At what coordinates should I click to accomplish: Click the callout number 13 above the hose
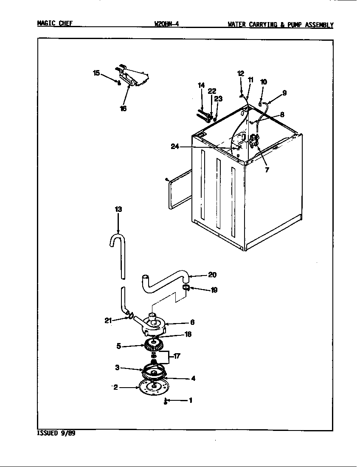coord(118,209)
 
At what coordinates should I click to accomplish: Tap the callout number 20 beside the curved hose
coord(212,275)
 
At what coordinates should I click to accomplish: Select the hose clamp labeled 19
coord(186,289)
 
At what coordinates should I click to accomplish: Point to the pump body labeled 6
coord(153,323)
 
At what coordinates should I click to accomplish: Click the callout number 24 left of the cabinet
coord(175,146)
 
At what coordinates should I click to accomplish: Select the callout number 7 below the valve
coord(266,170)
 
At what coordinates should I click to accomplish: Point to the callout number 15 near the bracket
coord(96,73)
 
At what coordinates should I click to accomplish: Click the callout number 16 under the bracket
coord(123,108)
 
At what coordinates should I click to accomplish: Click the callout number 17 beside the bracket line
coord(177,356)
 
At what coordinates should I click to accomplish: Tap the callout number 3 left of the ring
coord(117,368)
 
